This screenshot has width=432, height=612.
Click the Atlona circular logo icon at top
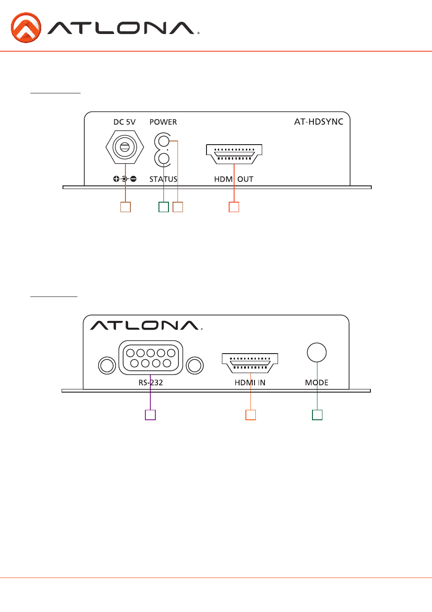pos(26,28)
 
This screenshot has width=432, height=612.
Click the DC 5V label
pos(125,122)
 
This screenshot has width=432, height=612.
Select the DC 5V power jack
pos(125,147)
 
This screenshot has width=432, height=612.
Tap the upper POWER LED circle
pos(163,141)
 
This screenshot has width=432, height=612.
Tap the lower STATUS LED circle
pos(163,159)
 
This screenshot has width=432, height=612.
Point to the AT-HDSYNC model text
pos(318,121)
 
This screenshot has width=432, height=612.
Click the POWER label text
pos(163,122)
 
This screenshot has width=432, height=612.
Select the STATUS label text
pos(163,179)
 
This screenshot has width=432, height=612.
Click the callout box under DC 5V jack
pos(125,207)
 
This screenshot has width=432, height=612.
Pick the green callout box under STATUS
pos(163,207)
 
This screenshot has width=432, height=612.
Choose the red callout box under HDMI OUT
pos(234,207)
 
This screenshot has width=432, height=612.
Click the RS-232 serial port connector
pos(151,358)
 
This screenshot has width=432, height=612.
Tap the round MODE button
pos(317,352)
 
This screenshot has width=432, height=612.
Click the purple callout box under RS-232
pos(150,415)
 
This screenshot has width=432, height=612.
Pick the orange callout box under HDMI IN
pos(250,415)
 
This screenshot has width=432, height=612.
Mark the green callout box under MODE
pos(317,415)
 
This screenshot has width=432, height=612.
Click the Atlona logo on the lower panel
pos(146,325)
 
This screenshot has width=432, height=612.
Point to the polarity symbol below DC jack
pos(125,179)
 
